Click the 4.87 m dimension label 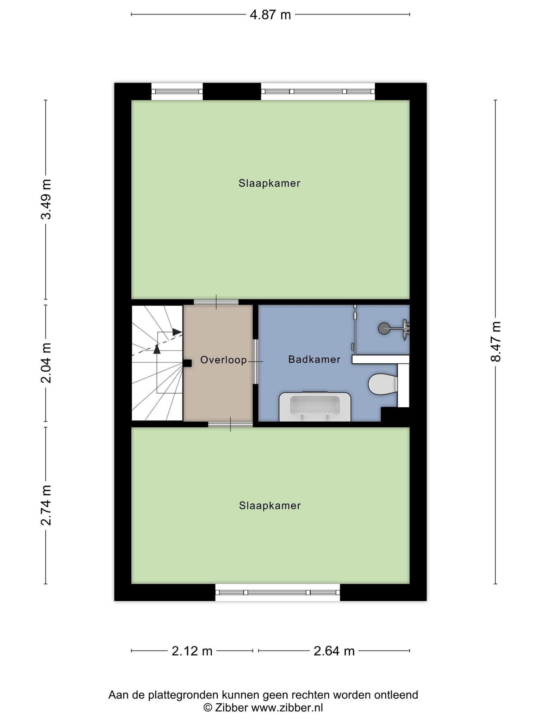click(270, 15)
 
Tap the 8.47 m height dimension click(496, 341)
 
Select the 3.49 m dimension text click(46, 199)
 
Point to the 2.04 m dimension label click(46, 363)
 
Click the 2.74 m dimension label click(46, 505)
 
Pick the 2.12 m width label click(192, 651)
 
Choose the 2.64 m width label click(334, 651)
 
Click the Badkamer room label click(314, 359)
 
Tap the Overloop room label click(223, 360)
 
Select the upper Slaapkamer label click(269, 183)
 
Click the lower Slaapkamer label click(270, 506)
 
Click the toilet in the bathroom click(382, 384)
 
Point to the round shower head click(384, 328)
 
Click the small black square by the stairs click(187, 363)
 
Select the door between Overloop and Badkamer click(256, 362)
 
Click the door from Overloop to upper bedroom click(216, 302)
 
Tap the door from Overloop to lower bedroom click(230, 424)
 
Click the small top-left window click(177, 92)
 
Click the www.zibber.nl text click(287, 708)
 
